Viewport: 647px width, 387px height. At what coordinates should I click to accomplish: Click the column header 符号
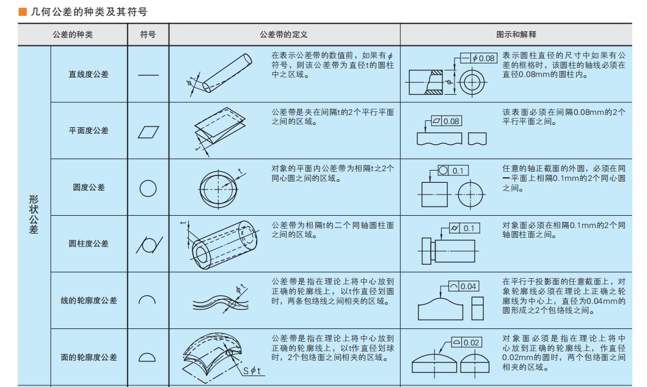tap(148, 35)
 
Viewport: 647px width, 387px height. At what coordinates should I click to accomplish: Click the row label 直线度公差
tap(89, 75)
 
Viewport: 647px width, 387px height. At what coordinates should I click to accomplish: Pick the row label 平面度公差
tap(89, 131)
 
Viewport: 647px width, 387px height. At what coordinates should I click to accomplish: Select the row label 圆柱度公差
tap(89, 243)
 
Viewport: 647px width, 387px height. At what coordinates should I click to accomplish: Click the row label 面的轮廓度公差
tap(89, 357)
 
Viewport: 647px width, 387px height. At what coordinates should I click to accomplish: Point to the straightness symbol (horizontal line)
tap(148, 75)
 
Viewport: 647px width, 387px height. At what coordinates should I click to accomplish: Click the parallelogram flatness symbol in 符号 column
tap(148, 131)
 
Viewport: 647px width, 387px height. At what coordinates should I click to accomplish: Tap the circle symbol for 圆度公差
tap(148, 188)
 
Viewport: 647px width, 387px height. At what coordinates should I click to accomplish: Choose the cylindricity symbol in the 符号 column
tap(148, 244)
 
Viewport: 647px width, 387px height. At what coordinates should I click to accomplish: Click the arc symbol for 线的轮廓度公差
tap(148, 300)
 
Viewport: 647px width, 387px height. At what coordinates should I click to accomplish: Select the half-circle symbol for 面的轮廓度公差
tap(148, 357)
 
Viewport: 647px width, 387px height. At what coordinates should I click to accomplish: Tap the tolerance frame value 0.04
tap(469, 286)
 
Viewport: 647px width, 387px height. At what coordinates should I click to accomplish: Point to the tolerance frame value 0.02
tap(470, 342)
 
